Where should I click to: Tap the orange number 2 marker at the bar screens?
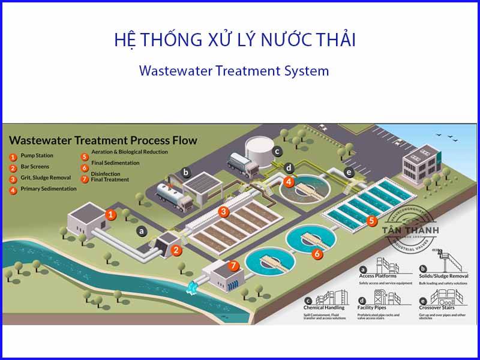[x=176, y=250]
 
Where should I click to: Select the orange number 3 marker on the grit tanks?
[x=223, y=211]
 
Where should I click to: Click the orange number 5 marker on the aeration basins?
[x=372, y=221]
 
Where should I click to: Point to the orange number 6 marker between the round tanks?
[x=318, y=253]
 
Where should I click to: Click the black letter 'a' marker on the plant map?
[x=142, y=230]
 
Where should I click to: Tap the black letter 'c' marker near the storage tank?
[x=277, y=151]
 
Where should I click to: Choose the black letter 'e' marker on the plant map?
[x=349, y=173]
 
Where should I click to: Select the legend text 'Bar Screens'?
[x=35, y=166]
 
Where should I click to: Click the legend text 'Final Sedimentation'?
[x=115, y=163]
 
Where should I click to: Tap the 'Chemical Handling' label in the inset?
[x=324, y=308]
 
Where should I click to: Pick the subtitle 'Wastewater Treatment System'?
[x=234, y=70]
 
